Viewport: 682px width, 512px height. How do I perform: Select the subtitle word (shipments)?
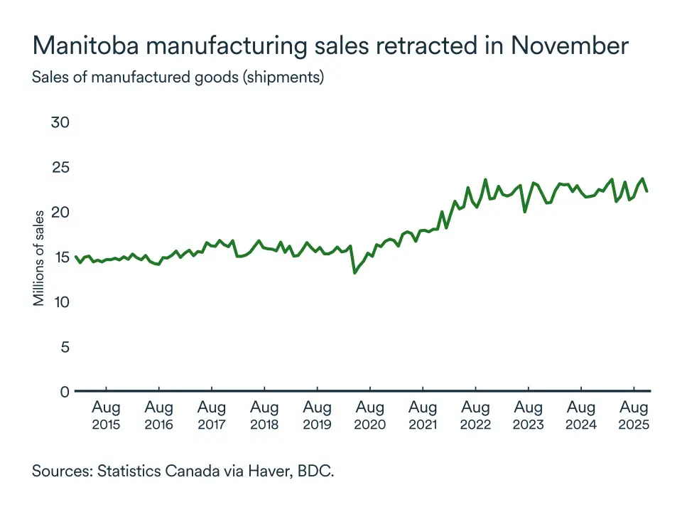pyautogui.click(x=283, y=78)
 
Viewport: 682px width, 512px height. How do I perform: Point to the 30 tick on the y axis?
pyautogui.click(x=60, y=122)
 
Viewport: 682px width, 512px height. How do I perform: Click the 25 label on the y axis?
pyautogui.click(x=60, y=167)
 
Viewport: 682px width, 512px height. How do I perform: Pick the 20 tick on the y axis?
pyautogui.click(x=60, y=212)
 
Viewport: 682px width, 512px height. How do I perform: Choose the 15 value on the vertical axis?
pyautogui.click(x=60, y=257)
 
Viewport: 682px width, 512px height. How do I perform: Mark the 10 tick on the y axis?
pyautogui.click(x=60, y=302)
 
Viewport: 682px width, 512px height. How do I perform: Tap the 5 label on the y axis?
pyautogui.click(x=64, y=347)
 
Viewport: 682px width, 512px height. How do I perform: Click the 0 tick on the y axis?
pyautogui.click(x=64, y=392)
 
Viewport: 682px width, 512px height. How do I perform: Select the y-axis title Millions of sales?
pyautogui.click(x=40, y=257)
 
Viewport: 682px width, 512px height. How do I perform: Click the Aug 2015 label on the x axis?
pyautogui.click(x=106, y=416)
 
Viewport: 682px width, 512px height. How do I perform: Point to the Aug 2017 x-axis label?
pyautogui.click(x=212, y=416)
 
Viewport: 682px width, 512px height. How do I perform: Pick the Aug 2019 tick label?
pyautogui.click(x=317, y=416)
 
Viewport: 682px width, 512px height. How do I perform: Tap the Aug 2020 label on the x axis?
pyautogui.click(x=370, y=416)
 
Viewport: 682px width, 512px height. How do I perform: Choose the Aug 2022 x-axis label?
pyautogui.click(x=475, y=416)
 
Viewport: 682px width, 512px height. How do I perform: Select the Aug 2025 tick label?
pyautogui.click(x=634, y=416)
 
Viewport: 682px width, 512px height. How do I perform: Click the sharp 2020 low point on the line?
pyautogui.click(x=354, y=272)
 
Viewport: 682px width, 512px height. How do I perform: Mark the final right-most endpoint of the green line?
pyautogui.click(x=646, y=191)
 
